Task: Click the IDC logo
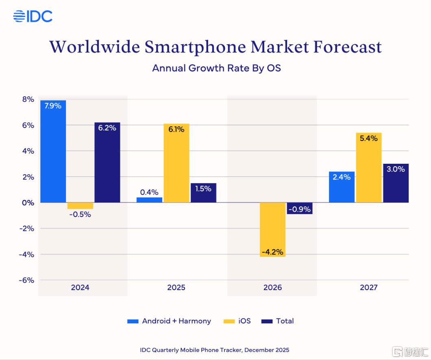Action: [x=33, y=17]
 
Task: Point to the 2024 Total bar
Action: [x=107, y=163]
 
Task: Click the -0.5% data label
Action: [x=80, y=214]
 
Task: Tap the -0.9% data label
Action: [x=300, y=210]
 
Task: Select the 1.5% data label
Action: [x=203, y=189]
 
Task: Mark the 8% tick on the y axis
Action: [x=28, y=99]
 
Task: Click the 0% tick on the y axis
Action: [x=28, y=202]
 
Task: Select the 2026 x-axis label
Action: [x=272, y=288]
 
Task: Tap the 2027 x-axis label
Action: [x=368, y=288]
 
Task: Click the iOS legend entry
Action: [x=237, y=321]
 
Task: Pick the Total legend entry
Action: [x=278, y=321]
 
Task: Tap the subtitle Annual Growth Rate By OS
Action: [x=216, y=68]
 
